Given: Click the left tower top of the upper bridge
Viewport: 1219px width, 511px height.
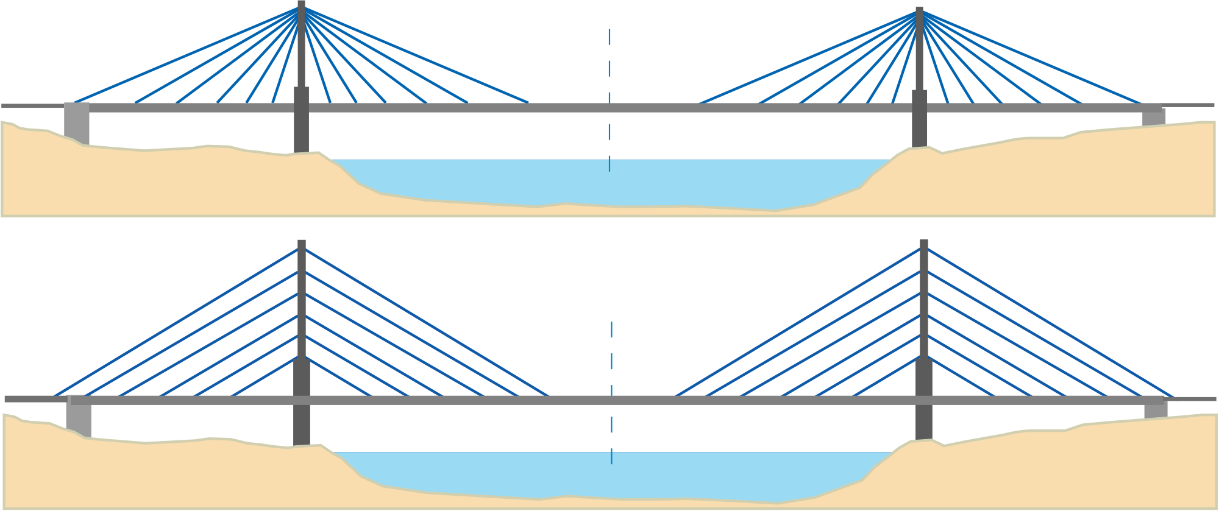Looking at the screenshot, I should click(300, 5).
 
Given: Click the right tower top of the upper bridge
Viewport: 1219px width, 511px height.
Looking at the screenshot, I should click(919, 11).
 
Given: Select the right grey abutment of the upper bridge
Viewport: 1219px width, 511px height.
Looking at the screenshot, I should click(1154, 118).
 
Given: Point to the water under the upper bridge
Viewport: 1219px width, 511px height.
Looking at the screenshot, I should click(609, 183).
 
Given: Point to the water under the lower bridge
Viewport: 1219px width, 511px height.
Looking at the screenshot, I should click(609, 475).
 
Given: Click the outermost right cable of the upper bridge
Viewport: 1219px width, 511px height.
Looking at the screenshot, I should click(1036, 61).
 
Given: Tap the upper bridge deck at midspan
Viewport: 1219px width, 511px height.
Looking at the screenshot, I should click(609, 108).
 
